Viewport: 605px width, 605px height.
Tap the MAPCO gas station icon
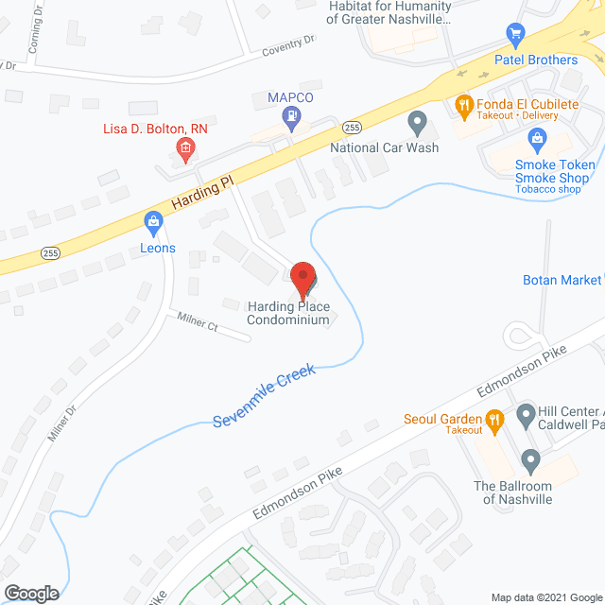click(x=292, y=117)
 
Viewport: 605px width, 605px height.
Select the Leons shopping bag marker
click(x=153, y=223)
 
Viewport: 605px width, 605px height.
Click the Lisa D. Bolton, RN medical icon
click(x=185, y=147)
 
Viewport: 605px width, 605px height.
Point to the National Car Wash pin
click(x=417, y=122)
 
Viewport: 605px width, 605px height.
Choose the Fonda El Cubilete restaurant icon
click(x=463, y=105)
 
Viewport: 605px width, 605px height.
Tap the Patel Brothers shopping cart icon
click(x=515, y=35)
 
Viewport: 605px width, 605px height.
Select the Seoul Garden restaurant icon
click(x=493, y=419)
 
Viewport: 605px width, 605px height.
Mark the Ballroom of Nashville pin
click(x=530, y=462)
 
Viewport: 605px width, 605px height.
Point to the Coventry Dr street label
click(x=288, y=43)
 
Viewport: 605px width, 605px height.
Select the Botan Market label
click(x=562, y=281)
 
